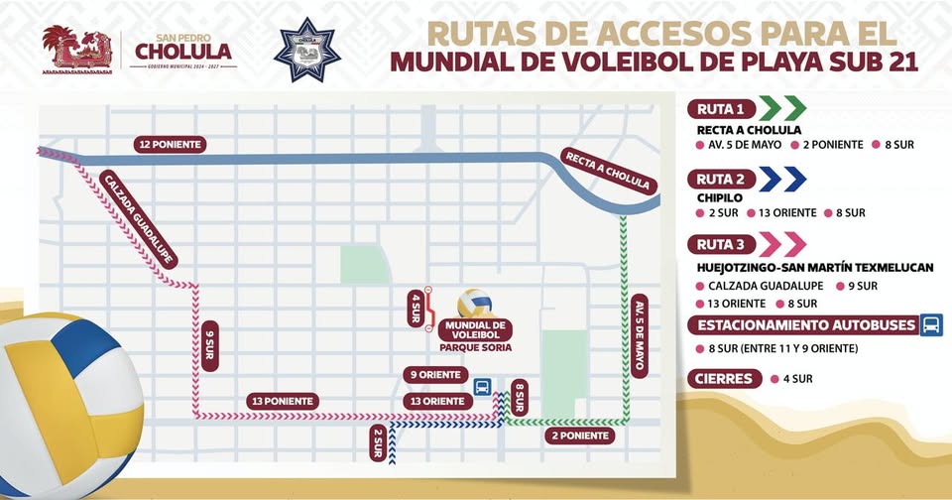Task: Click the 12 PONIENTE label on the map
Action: [x=172, y=145]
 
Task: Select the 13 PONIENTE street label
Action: [x=283, y=401]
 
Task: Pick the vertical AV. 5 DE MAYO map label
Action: [x=639, y=333]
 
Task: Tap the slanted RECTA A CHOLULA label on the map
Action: [x=607, y=171]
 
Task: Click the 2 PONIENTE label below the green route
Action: [x=580, y=435]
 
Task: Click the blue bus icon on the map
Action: [x=481, y=387]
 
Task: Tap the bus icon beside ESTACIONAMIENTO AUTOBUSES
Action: [x=931, y=325]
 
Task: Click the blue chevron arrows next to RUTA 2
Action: [x=783, y=179]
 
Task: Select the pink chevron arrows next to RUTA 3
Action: [x=783, y=244]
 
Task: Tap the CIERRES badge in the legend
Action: [x=724, y=378]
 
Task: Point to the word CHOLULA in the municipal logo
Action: [x=183, y=51]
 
